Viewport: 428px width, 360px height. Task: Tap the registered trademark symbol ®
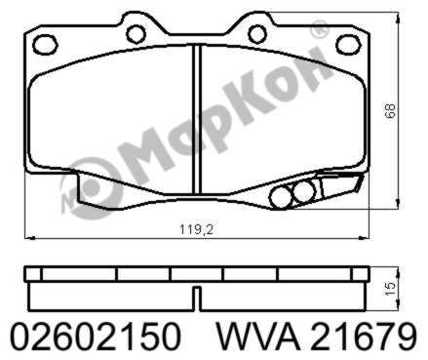pos(319,32)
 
